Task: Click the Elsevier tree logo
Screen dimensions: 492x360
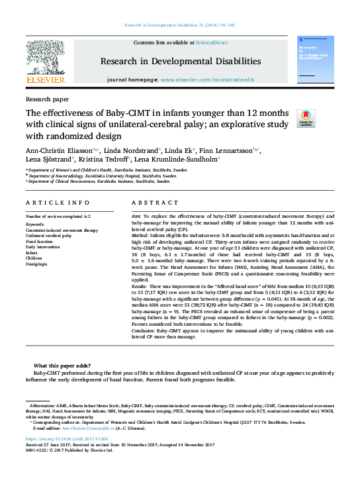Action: (45, 58)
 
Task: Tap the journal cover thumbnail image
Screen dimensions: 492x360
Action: (314, 60)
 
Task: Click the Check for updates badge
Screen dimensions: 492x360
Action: (306, 119)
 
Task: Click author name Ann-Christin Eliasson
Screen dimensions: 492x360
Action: (58, 150)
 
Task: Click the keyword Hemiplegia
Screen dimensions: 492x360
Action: (36, 263)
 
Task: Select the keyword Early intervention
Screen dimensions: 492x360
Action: (44, 246)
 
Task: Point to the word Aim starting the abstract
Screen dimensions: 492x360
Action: (136, 217)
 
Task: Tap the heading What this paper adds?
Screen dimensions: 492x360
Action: (62, 366)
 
